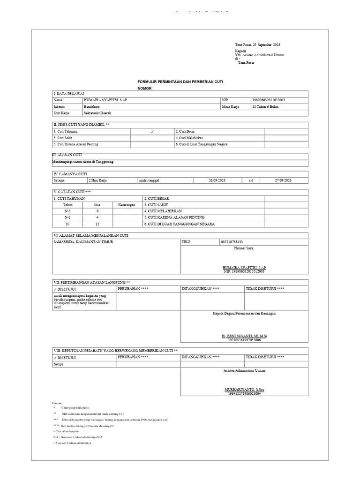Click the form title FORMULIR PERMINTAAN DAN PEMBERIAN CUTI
[x=180, y=82]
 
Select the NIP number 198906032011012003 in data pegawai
[x=269, y=100]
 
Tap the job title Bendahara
[x=92, y=106]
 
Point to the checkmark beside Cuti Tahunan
[x=152, y=132]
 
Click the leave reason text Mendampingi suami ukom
[x=82, y=162]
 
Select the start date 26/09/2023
[x=217, y=180]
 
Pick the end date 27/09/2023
[x=283, y=180]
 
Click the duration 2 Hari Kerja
[x=98, y=180]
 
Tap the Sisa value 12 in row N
[x=97, y=224]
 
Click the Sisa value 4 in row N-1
[x=97, y=217]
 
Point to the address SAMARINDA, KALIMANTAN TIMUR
[x=82, y=242]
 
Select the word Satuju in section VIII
[x=58, y=363]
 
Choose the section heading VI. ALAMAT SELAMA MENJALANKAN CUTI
[x=90, y=235]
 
